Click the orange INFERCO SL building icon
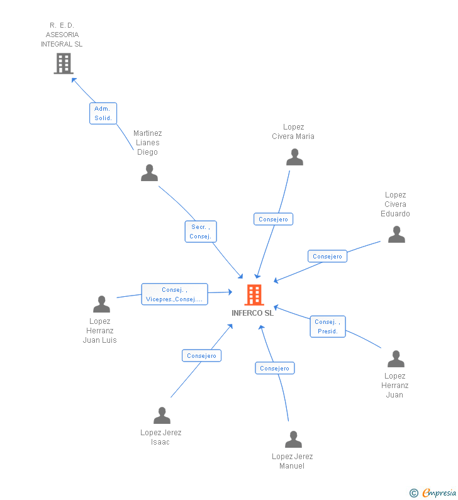254,294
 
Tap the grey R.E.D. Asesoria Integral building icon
64,64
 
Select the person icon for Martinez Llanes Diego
149,173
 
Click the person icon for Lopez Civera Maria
294,157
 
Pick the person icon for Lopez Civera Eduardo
396,235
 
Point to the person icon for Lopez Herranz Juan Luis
101,304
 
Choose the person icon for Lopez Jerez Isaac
162,416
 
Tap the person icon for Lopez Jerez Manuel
293,440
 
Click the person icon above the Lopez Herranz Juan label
396,359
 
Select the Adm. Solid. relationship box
103,113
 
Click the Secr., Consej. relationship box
201,231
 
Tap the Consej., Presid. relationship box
327,326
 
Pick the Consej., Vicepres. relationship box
174,294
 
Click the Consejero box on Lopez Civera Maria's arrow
273,219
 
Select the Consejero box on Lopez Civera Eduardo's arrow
327,257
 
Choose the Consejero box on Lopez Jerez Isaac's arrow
201,356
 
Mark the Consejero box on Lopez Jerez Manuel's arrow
274,369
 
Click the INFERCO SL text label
253,313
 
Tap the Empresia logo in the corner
433,492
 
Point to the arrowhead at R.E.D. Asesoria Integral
74,80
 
